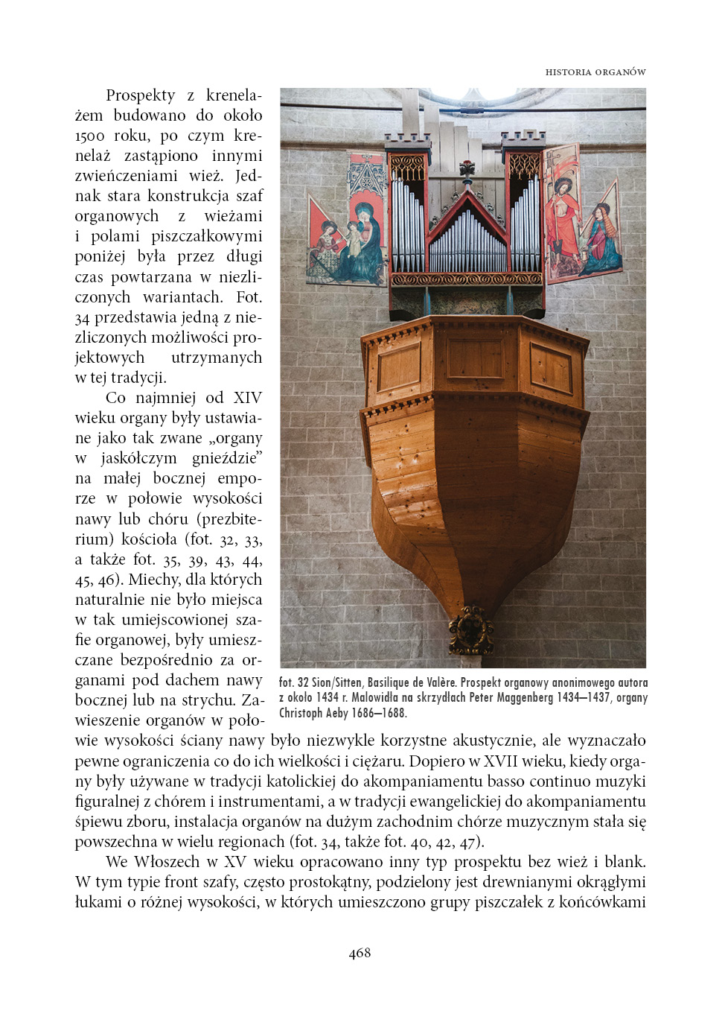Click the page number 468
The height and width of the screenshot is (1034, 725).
click(360, 953)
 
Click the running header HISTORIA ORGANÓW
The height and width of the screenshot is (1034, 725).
click(595, 72)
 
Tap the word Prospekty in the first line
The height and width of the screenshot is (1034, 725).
click(141, 95)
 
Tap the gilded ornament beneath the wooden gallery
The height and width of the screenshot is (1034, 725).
click(470, 629)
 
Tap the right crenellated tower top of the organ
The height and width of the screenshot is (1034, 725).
click(523, 138)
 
